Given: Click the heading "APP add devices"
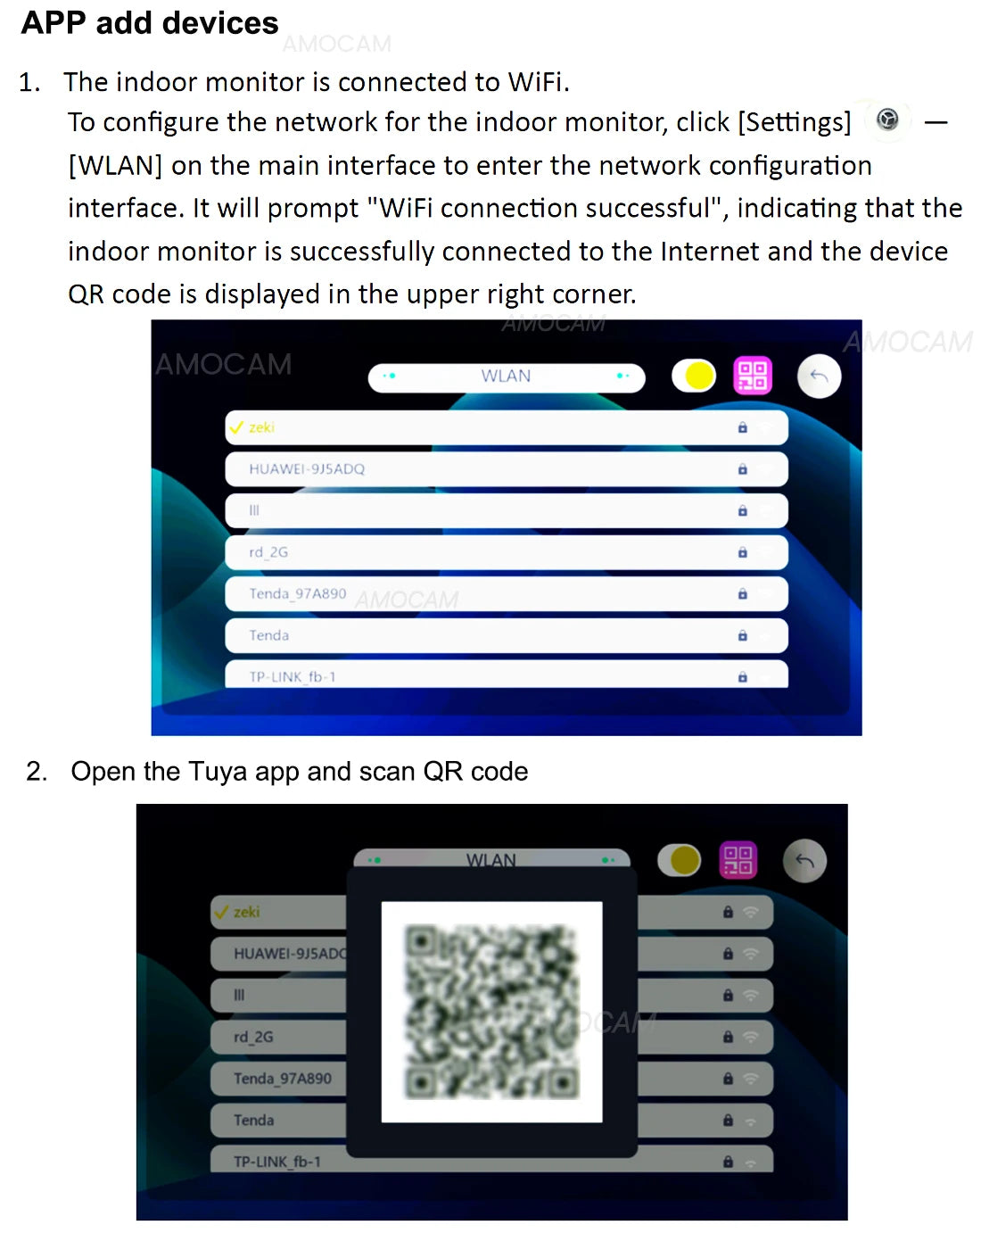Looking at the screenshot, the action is (x=150, y=23).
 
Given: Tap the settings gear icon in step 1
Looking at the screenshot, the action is (x=887, y=120).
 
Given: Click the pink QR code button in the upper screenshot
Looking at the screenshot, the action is (x=753, y=376).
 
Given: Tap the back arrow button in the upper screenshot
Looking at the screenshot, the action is (x=819, y=376).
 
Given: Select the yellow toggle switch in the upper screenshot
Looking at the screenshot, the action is (x=694, y=376).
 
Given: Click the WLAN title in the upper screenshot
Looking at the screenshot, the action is (x=506, y=376).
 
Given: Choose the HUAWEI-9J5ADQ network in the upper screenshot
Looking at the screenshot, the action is (x=307, y=469).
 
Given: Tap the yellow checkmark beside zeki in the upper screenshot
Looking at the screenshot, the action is (x=236, y=427).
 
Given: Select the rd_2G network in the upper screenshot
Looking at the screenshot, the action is (x=268, y=552).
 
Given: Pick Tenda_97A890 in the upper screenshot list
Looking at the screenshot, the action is (x=297, y=593).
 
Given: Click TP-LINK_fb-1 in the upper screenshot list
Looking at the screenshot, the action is (x=292, y=676).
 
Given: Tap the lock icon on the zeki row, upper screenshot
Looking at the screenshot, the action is (x=742, y=427).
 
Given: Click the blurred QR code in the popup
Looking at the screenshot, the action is (x=491, y=1011).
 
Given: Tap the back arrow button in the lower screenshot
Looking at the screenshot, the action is (x=804, y=861).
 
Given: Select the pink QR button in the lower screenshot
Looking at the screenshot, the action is (x=738, y=860).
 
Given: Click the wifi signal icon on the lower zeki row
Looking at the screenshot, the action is (x=750, y=912).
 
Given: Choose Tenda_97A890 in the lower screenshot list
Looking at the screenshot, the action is (x=283, y=1079).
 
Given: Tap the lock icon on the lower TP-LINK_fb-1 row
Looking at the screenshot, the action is (x=728, y=1162).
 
